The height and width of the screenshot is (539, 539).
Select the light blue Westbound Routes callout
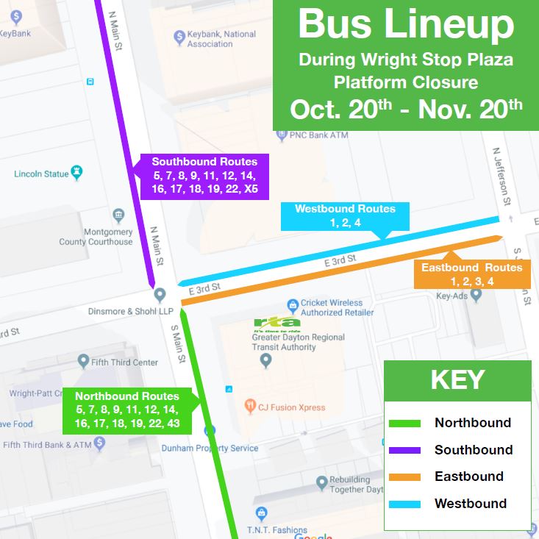pos(345,215)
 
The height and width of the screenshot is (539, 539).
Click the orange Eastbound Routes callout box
pos(471,274)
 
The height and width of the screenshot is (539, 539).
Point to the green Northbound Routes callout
pos(126,410)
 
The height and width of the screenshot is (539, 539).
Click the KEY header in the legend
pos(457,380)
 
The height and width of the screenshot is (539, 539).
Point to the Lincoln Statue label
pos(42,174)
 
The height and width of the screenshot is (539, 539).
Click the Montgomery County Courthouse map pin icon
pos(119,215)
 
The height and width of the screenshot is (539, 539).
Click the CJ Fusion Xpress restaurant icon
pos(250,404)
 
